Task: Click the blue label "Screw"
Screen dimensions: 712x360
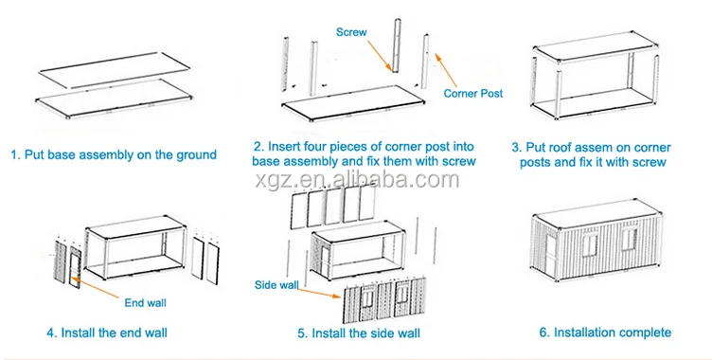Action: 351,32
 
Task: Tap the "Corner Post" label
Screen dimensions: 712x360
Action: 473,93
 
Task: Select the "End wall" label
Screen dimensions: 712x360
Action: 145,303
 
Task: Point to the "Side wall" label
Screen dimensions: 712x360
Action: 276,285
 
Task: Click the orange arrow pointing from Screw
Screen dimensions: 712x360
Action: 379,55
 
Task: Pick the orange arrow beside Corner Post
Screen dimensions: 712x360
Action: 446,70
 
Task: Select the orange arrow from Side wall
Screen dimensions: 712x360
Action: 319,293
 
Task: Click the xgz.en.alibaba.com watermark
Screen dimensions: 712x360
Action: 357,180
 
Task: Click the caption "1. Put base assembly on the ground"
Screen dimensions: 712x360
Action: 114,154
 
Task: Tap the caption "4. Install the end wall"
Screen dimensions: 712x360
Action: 107,333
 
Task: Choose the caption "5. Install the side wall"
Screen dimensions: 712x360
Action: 359,333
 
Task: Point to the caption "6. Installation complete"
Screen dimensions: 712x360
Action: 605,333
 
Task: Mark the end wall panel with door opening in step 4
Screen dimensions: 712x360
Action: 76,268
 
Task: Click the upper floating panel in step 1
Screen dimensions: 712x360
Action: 115,69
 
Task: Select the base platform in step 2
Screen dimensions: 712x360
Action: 353,103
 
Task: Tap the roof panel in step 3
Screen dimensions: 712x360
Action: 596,46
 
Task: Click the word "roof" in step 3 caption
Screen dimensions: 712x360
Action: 561,148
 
